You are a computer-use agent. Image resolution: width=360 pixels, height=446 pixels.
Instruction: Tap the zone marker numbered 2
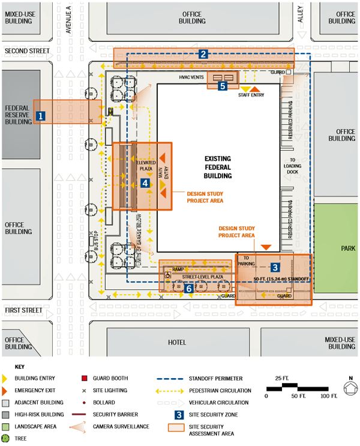point(204,55)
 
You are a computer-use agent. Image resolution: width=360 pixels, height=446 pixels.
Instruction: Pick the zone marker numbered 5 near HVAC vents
point(223,86)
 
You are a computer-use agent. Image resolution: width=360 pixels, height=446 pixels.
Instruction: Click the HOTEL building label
point(176,342)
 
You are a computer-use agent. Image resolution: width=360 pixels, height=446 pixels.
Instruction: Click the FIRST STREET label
point(24,310)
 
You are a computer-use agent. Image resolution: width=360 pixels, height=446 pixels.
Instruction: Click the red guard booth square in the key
point(83,379)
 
